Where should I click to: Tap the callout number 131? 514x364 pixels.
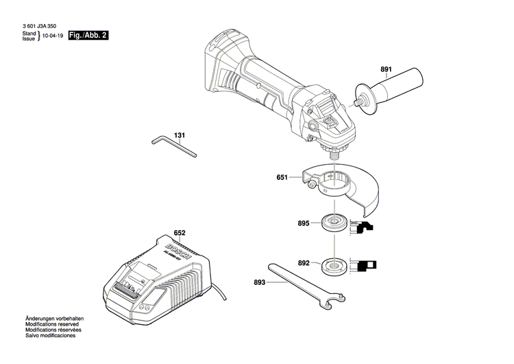(x=180, y=135)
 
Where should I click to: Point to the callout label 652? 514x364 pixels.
(x=180, y=234)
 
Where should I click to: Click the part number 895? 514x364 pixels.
(x=304, y=223)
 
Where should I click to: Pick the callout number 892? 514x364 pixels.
(x=304, y=262)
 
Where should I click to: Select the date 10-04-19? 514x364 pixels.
(x=52, y=35)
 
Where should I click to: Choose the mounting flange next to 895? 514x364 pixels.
(x=333, y=223)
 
